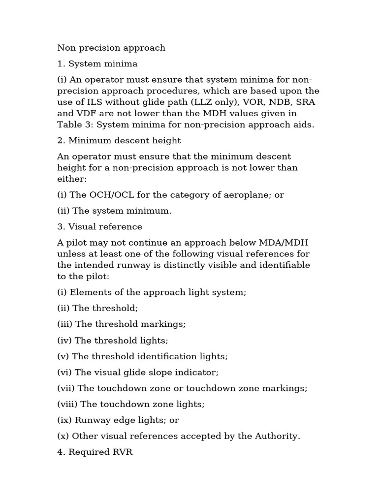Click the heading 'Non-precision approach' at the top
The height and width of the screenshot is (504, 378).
point(111,48)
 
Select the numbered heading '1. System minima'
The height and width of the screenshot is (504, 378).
point(97,64)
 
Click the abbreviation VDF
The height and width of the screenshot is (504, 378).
point(86,114)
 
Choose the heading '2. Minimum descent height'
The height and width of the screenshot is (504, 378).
point(119,141)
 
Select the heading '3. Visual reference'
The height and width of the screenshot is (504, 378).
point(100,227)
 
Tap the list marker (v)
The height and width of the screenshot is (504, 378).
point(63,356)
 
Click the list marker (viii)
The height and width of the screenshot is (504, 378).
point(67,405)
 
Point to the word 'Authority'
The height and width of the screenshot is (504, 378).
point(278,437)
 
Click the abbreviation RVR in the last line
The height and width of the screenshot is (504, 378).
point(123,452)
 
